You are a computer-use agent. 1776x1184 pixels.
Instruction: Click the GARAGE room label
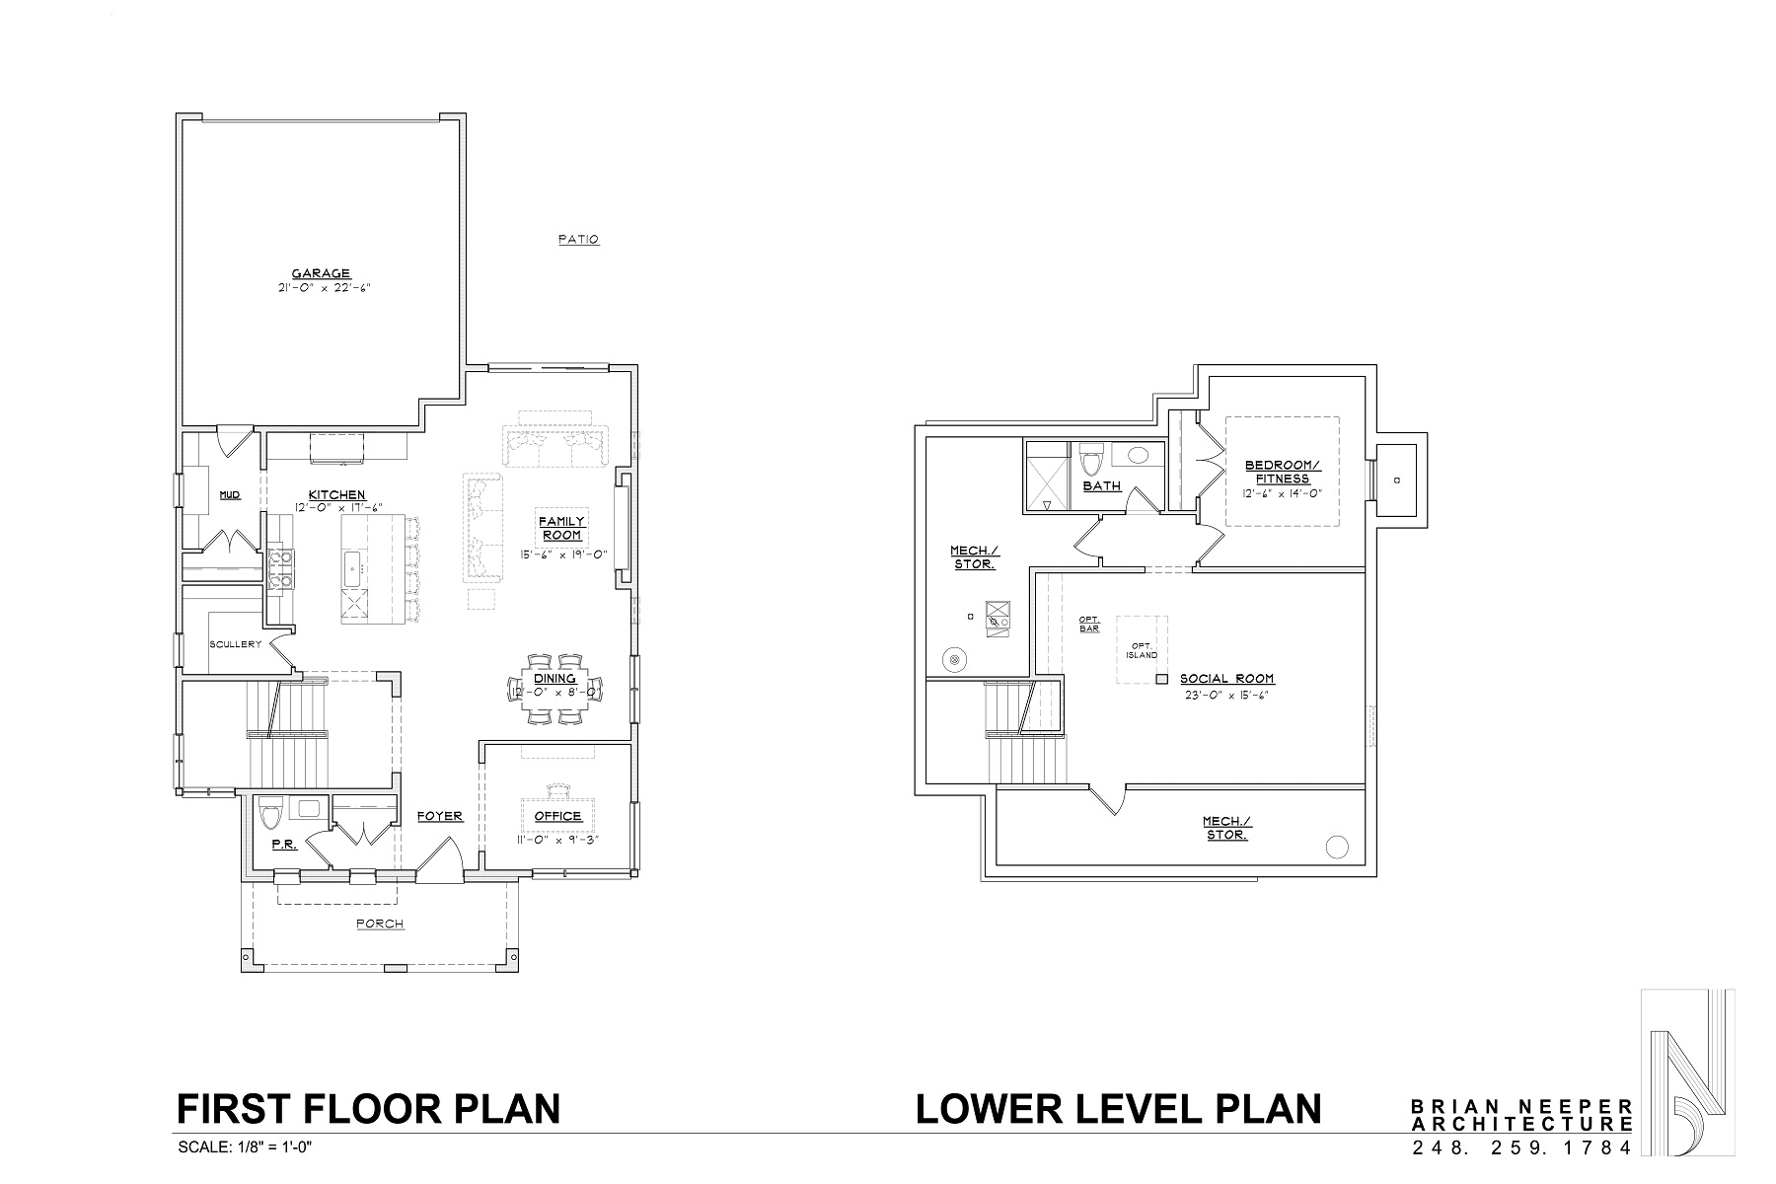coord(321,273)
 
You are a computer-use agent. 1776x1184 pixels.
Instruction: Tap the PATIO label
coord(578,239)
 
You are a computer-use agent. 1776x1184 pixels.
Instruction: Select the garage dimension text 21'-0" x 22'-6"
coord(323,288)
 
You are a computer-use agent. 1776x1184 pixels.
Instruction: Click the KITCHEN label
coord(336,494)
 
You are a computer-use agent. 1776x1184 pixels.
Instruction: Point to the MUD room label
coord(229,494)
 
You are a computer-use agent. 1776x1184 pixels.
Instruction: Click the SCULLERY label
coord(235,644)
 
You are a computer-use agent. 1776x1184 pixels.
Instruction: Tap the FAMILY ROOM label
coord(560,528)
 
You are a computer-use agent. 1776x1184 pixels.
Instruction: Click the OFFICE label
coord(557,816)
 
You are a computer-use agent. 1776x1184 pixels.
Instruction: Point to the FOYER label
coord(439,816)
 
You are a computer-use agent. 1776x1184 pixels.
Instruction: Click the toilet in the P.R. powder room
coord(269,815)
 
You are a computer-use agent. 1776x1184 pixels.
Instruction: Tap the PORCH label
coord(380,924)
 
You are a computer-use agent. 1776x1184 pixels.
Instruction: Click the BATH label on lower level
coord(1101,485)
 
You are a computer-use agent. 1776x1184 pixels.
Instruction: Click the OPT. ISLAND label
coord(1143,649)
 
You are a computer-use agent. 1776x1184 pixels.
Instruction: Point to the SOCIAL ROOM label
coord(1226,679)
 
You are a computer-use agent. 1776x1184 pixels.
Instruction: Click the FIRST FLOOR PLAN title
coord(368,1108)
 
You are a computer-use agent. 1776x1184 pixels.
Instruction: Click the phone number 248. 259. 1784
coord(1522,1147)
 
